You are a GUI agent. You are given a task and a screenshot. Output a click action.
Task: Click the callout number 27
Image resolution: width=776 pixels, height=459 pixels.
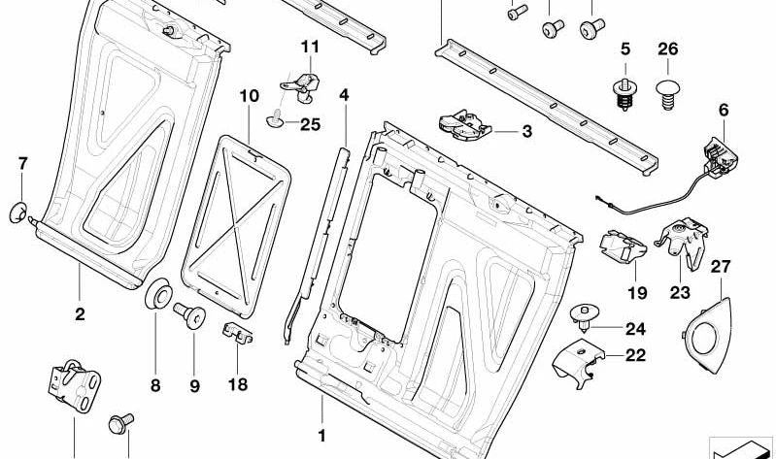(720, 266)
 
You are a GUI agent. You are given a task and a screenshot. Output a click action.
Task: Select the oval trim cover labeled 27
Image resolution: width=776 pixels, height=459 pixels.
(705, 328)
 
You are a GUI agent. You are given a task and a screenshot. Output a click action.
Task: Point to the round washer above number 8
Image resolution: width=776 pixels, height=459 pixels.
(155, 294)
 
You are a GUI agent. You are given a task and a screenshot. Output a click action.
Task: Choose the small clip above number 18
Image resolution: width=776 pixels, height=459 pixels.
(239, 333)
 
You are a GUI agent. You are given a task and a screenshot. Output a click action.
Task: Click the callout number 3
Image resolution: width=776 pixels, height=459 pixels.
(527, 131)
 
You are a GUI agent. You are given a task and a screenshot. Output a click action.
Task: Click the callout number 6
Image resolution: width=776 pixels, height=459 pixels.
(723, 110)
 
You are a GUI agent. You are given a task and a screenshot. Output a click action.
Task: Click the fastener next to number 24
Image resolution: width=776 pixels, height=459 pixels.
(585, 316)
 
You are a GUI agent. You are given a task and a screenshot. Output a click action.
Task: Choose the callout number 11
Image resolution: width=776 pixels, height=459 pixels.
(309, 47)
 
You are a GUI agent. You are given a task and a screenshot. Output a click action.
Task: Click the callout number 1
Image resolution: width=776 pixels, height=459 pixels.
(321, 435)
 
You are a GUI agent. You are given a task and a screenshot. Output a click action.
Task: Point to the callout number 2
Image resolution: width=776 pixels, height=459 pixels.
(80, 314)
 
